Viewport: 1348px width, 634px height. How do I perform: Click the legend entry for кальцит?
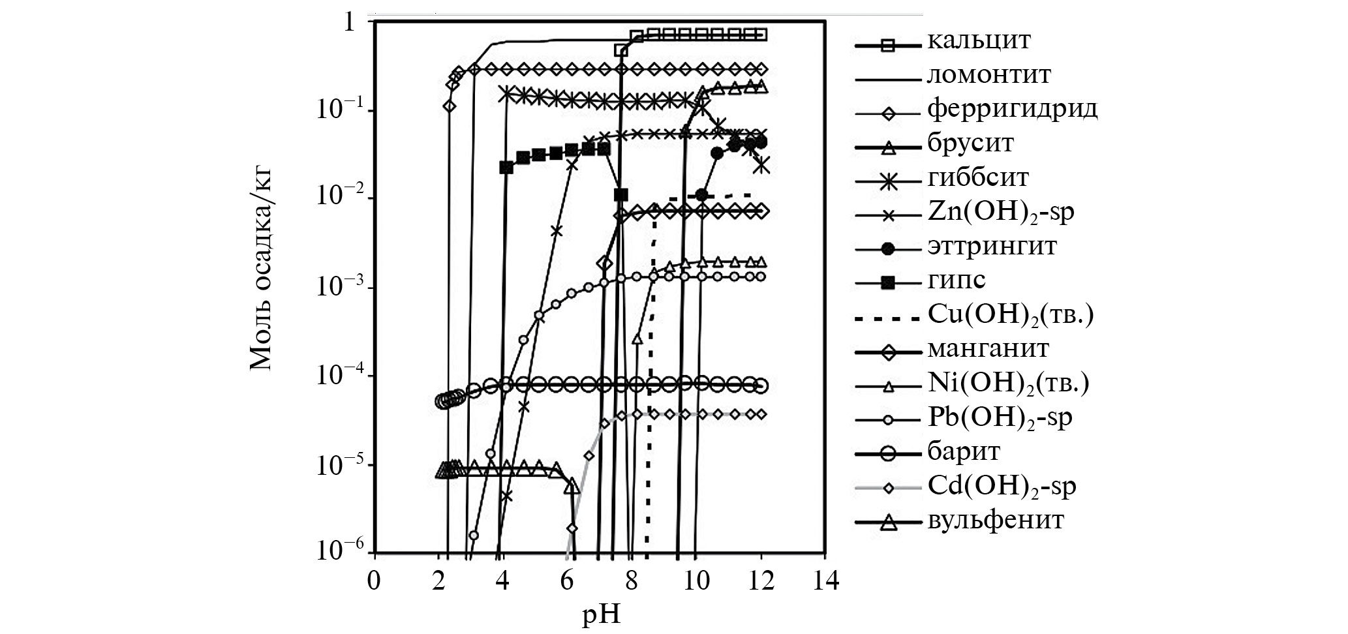tap(979, 40)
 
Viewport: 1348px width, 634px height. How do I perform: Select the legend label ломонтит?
tap(988, 75)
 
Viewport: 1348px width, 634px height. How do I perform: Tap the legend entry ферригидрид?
tap(1012, 109)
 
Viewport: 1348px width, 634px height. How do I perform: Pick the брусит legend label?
tap(970, 143)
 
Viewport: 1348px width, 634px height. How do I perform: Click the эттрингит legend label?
tap(992, 247)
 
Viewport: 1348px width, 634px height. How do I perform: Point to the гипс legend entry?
tap(956, 280)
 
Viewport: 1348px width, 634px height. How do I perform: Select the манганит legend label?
tap(988, 348)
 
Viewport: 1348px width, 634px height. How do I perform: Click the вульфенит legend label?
tap(995, 521)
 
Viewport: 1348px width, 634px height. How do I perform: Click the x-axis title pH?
tap(601, 614)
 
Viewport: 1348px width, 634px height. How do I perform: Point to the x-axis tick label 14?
tap(825, 580)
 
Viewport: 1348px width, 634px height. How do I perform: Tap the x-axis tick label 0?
tap(373, 580)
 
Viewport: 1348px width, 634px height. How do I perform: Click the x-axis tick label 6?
tap(567, 580)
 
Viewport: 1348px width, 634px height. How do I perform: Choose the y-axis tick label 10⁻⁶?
tap(340, 551)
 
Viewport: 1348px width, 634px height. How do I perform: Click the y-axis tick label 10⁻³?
tap(340, 287)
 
